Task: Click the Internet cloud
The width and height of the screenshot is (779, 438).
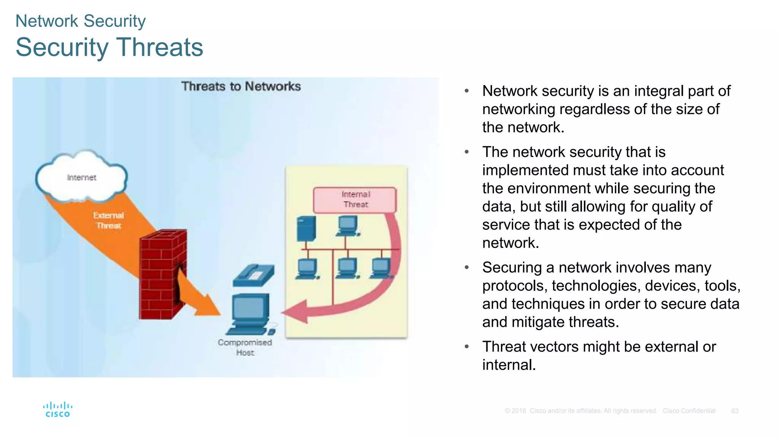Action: [81, 177]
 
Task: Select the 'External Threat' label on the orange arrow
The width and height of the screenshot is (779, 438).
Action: [108, 221]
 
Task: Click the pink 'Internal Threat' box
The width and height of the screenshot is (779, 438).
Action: [355, 200]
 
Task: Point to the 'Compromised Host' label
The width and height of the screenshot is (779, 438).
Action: [245, 347]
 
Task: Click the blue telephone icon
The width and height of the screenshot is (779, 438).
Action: [253, 275]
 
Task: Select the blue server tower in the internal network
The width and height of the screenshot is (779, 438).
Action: [306, 229]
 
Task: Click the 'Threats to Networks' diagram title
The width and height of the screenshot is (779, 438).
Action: [241, 87]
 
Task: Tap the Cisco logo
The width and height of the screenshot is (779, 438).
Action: [58, 410]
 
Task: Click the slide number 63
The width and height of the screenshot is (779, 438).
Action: [734, 411]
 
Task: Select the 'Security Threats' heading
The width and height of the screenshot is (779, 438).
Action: [110, 47]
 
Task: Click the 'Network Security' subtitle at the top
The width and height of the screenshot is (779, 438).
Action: [81, 21]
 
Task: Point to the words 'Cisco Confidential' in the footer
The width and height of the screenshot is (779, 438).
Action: [689, 411]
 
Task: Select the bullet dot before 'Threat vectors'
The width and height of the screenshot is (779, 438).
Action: [467, 347]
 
